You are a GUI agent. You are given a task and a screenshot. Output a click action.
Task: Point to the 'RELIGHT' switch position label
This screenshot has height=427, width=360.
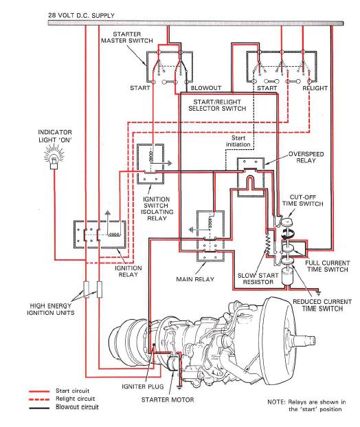point(315,89)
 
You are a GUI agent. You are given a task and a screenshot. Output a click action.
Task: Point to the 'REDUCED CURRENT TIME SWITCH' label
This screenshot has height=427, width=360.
point(318,305)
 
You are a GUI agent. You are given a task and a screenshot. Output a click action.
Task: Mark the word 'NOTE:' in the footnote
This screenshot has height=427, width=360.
point(277,401)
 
